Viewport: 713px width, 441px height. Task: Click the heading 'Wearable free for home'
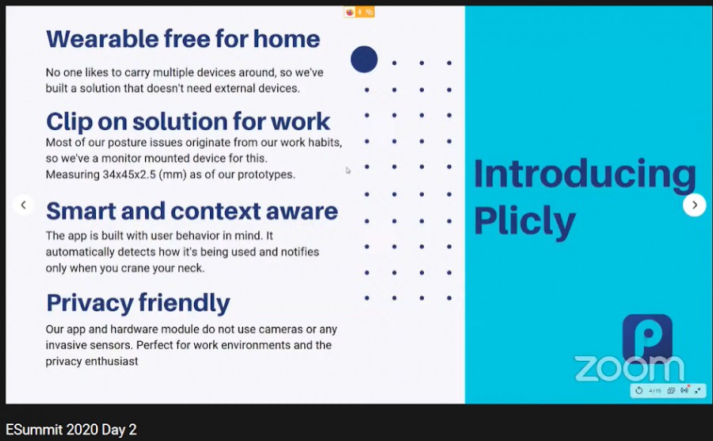coord(183,39)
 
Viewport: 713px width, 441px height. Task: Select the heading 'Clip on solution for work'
coord(188,121)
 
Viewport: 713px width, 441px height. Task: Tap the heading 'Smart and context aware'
coord(192,211)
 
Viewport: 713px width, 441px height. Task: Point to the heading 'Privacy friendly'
coord(138,303)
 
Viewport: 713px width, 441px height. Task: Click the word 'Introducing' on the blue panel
coord(585,174)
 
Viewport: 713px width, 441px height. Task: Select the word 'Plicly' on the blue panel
coord(524,221)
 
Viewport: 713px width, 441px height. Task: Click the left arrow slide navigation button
coord(23,205)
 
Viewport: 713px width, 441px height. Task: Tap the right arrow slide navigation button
coord(694,205)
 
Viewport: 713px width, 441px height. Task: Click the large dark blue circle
coord(364,59)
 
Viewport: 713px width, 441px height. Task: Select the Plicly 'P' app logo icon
coord(647,337)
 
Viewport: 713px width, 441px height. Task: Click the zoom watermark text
coord(629,368)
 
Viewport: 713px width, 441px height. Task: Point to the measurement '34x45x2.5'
coord(129,174)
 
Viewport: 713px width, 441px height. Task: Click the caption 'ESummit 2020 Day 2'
coord(71,430)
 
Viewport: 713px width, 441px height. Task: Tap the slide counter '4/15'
coord(655,390)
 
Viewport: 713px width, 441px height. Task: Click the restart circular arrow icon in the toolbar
coord(639,390)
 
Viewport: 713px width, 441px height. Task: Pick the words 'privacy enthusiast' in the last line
coord(91,362)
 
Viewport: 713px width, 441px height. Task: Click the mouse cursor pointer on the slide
coord(348,171)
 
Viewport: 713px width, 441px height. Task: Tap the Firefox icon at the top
coord(349,12)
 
